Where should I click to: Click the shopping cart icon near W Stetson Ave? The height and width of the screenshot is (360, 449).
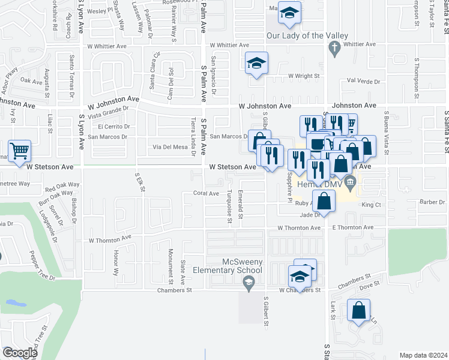point(20,151)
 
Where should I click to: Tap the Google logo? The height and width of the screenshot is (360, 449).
point(19,352)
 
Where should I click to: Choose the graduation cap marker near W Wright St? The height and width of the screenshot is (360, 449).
point(256,62)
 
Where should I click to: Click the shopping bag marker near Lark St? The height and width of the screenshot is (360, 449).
point(358,311)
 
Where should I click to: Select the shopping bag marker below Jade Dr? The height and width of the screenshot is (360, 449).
point(324,202)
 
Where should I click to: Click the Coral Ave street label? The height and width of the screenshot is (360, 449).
point(206,193)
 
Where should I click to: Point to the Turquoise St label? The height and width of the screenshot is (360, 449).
point(229,206)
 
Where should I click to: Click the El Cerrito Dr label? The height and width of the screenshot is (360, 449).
point(114,127)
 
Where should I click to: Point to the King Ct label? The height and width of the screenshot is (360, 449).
point(372,205)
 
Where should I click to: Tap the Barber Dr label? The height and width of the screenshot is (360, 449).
point(432,202)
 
